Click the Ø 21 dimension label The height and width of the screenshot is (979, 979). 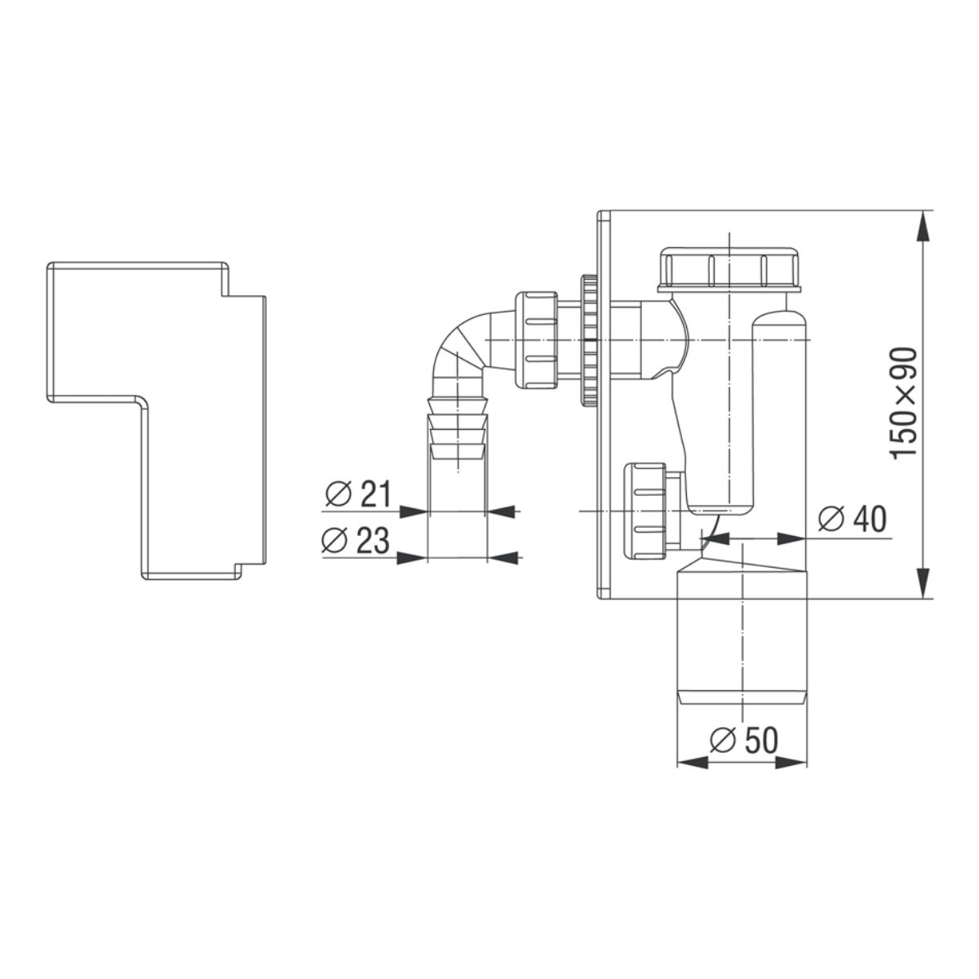[357, 495]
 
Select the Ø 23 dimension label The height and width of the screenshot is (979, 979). [356, 540]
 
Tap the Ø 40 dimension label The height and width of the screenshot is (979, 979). [852, 519]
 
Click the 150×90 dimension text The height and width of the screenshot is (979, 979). [905, 404]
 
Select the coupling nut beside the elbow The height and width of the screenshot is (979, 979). [537, 340]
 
